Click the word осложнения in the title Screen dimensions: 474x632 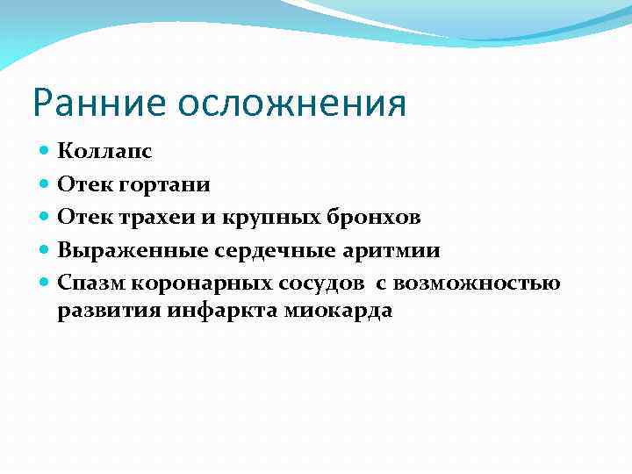pyautogui.click(x=292, y=104)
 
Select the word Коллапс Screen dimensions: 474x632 pyautogui.click(x=104, y=151)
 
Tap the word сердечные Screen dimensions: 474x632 pyautogui.click(x=264, y=252)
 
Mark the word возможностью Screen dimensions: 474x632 pyautogui.click(x=476, y=284)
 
